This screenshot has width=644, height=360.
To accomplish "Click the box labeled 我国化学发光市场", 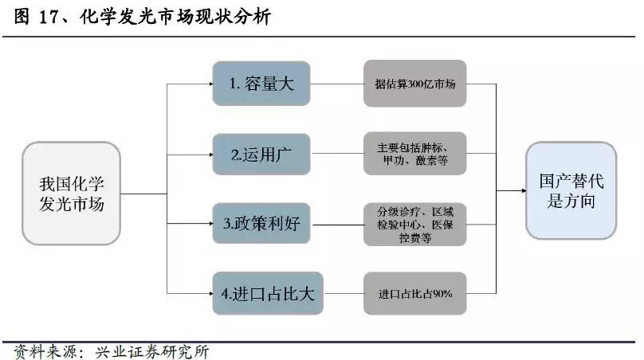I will pos(72,194).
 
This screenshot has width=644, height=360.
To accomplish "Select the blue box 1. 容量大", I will pos(261,84).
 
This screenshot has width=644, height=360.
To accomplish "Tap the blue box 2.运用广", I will pos(261,154).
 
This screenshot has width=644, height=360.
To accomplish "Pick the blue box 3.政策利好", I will pos(261,224).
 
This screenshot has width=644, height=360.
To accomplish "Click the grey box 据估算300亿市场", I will pos(414,84).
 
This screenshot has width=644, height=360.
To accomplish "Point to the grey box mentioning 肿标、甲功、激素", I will pos(414,154).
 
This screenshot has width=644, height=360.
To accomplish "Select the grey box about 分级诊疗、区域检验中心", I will pos(414,224).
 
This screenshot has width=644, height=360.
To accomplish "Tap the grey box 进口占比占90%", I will pos(414,294).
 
